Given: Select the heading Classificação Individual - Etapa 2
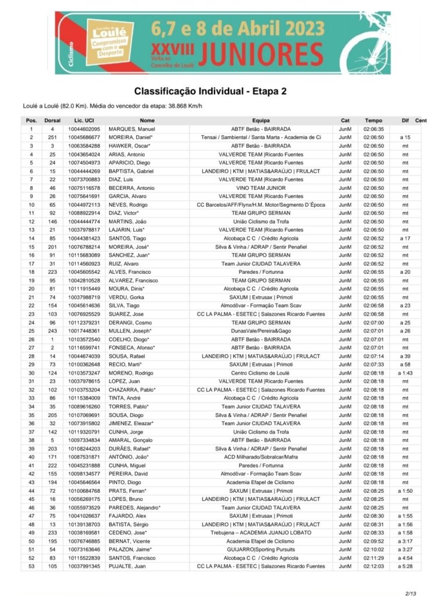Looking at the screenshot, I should [x=210, y=91].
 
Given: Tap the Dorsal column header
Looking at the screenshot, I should [x=52, y=121].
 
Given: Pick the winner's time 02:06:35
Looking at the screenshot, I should [x=373, y=129].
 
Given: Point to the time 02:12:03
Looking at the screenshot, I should [x=373, y=566].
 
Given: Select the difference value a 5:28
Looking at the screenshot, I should [x=405, y=566].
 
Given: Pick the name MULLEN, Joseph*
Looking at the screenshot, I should [x=139, y=331].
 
